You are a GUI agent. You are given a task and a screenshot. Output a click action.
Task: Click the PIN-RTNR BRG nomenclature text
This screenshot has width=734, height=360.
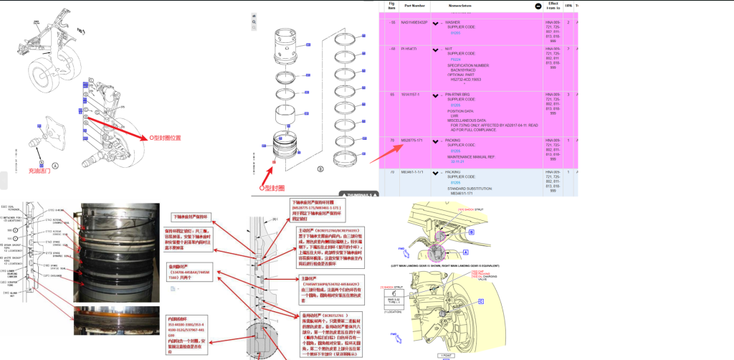pyautogui.click(x=460, y=94)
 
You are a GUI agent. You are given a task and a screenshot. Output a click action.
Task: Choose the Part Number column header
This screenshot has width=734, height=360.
pyautogui.click(x=416, y=5)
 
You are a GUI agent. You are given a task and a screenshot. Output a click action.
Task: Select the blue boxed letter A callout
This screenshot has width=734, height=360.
pyautogui.click(x=466, y=252)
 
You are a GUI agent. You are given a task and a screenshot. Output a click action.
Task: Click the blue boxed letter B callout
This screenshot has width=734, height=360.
pyautogui.click(x=471, y=232)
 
